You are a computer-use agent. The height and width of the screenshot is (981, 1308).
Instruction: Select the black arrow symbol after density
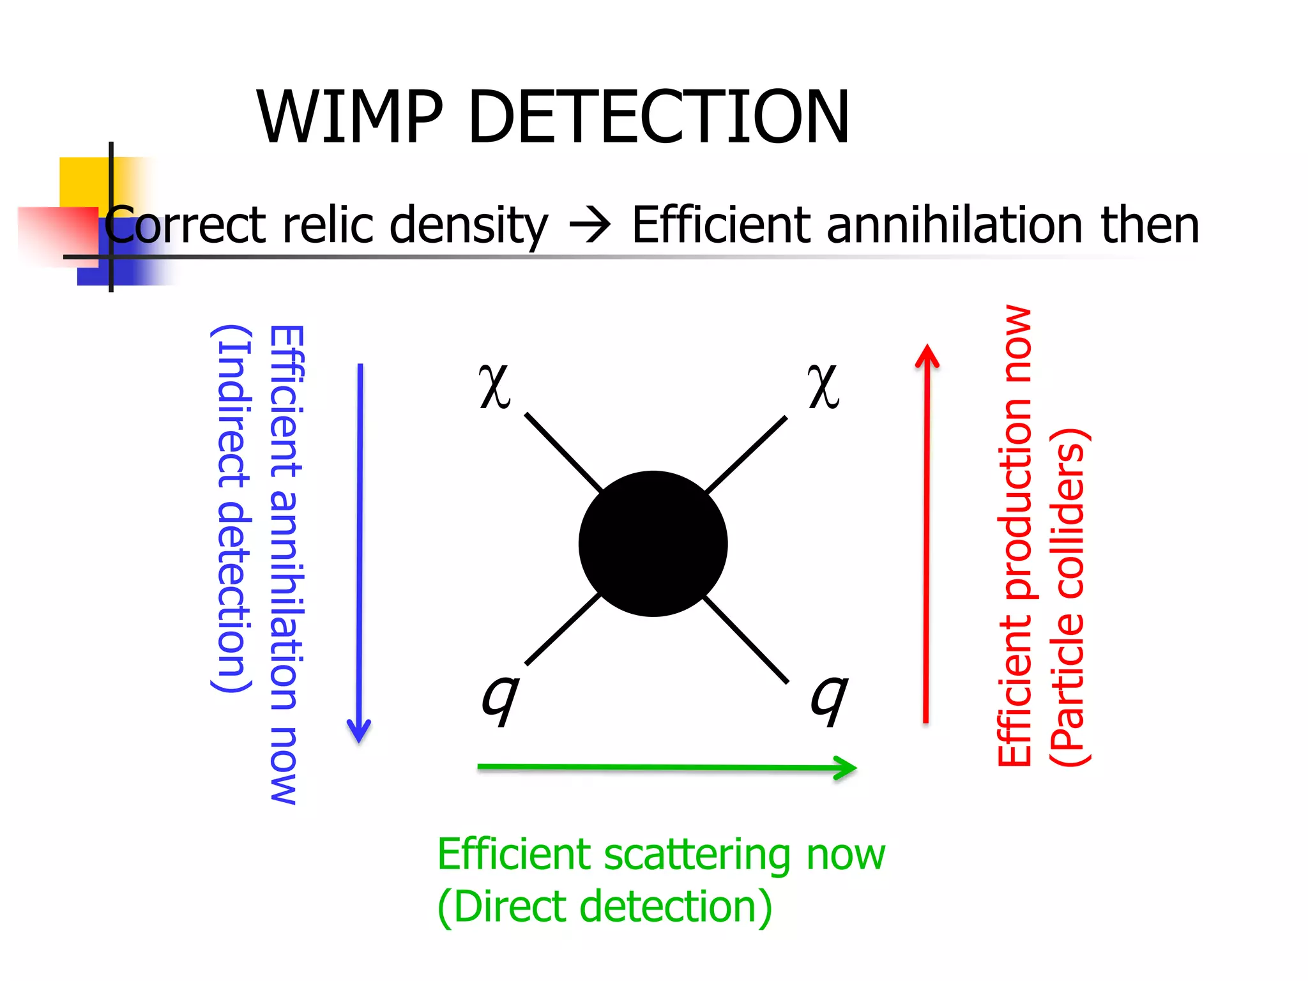point(589,226)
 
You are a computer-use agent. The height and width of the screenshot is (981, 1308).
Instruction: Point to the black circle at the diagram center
point(653,544)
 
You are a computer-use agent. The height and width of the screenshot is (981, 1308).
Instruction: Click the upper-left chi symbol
point(495,386)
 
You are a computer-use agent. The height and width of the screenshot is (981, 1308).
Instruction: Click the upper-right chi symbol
point(823,386)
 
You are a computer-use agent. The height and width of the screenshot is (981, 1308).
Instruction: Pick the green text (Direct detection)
point(604,907)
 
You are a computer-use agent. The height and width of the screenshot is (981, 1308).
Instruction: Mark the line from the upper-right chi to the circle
point(746,455)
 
